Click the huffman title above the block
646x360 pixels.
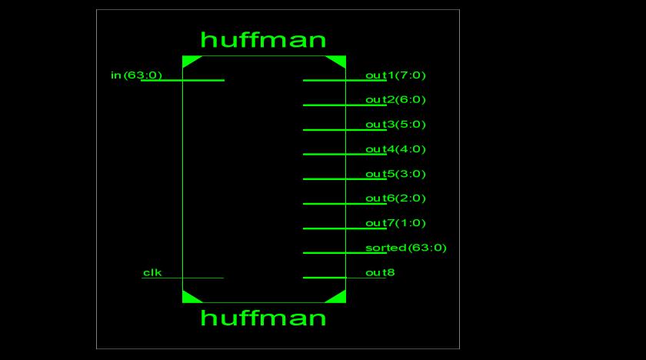click(x=263, y=39)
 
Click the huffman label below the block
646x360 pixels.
click(x=263, y=318)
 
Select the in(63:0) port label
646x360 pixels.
click(x=136, y=75)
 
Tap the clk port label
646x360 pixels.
click(x=152, y=272)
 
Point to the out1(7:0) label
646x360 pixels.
click(x=395, y=75)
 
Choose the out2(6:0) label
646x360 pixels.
click(x=395, y=99)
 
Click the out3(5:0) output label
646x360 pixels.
click(x=395, y=124)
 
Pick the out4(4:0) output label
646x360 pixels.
click(x=395, y=148)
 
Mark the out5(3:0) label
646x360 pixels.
click(x=395, y=173)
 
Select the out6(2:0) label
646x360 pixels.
click(x=395, y=198)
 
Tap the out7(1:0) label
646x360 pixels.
click(x=395, y=223)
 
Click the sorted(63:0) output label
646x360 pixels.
click(x=405, y=248)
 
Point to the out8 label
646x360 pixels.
click(x=380, y=272)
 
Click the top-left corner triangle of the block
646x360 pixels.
click(x=189, y=59)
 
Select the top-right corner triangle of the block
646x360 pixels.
click(x=338, y=59)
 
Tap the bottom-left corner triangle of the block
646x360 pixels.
click(x=189, y=298)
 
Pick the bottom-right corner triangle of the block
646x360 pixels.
click(x=338, y=298)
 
